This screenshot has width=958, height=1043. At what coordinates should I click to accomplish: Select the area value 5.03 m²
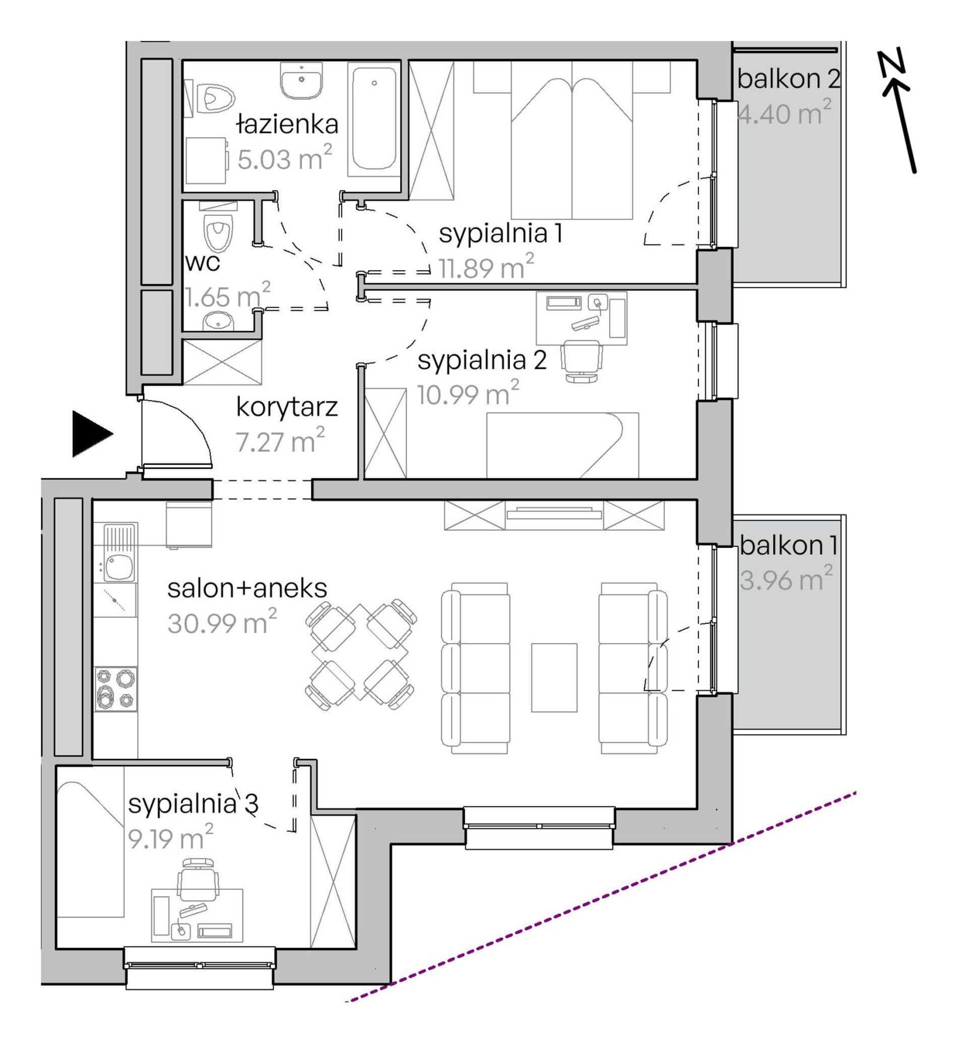pos(284,158)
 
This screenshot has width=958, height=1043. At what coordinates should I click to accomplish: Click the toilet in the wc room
pos(219,232)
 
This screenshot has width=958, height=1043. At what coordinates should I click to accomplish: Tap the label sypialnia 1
pos(500,234)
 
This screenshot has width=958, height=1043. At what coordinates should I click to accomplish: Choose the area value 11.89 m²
pos(486,268)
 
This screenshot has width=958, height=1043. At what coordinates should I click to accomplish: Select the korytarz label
pos(287,407)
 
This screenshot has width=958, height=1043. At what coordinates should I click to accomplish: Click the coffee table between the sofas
pos(554,678)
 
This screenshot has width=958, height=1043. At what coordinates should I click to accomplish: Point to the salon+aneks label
pos(247,588)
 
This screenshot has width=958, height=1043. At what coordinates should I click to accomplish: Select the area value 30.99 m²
pos(222,622)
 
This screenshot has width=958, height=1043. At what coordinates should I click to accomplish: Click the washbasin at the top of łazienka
pos(302,80)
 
